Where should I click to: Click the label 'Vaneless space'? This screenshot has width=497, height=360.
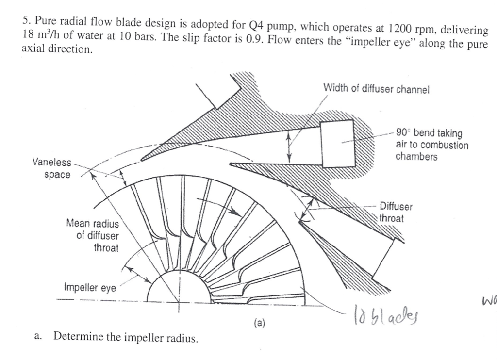pyautogui.click(x=52, y=168)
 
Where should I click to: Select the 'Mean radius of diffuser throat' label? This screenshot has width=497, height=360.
pyautogui.click(x=92, y=236)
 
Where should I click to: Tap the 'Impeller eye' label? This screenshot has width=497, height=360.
pyautogui.click(x=90, y=288)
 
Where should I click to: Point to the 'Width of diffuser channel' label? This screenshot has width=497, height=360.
pyautogui.click(x=376, y=89)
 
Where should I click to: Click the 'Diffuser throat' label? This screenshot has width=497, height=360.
pyautogui.click(x=395, y=212)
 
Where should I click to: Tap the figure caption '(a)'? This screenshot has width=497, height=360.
pyautogui.click(x=259, y=322)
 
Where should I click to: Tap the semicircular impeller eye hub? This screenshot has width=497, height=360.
pyautogui.click(x=179, y=288)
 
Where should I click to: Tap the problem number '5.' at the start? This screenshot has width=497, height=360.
pyautogui.click(x=26, y=21)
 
